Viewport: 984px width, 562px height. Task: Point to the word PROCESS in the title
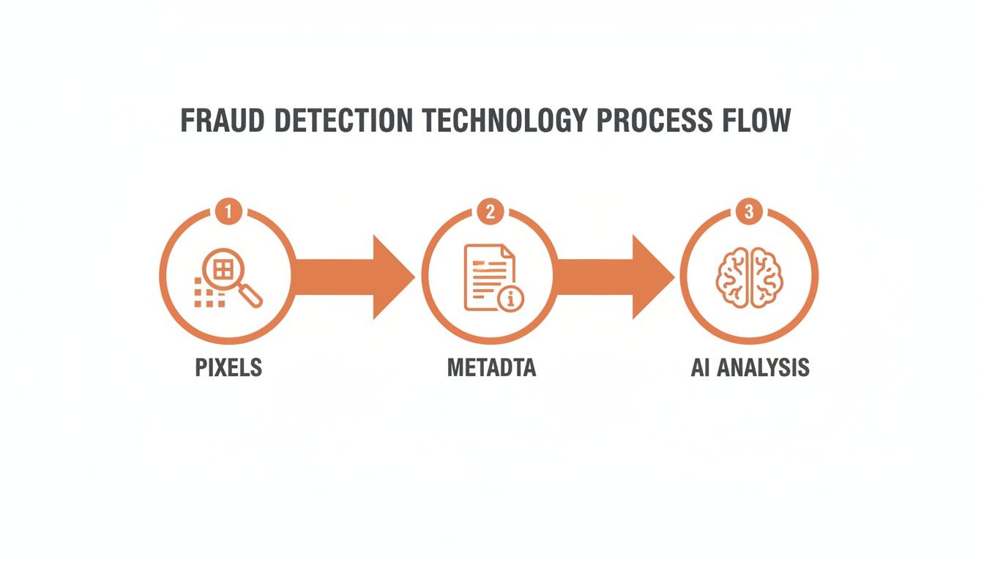coord(653,121)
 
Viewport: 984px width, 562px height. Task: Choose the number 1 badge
coord(228,212)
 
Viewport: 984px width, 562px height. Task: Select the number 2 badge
coord(490,212)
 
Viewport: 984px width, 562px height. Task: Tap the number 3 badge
coord(748,212)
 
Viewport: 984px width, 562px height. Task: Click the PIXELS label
coord(228,367)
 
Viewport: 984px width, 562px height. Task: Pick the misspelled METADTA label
coord(491,367)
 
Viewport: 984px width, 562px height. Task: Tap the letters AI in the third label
coord(701,367)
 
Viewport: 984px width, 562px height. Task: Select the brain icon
coord(748,277)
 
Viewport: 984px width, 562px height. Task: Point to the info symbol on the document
coord(510,299)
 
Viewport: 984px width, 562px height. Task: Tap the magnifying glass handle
coord(251,296)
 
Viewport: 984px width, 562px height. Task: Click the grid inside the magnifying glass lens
coord(223,269)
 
